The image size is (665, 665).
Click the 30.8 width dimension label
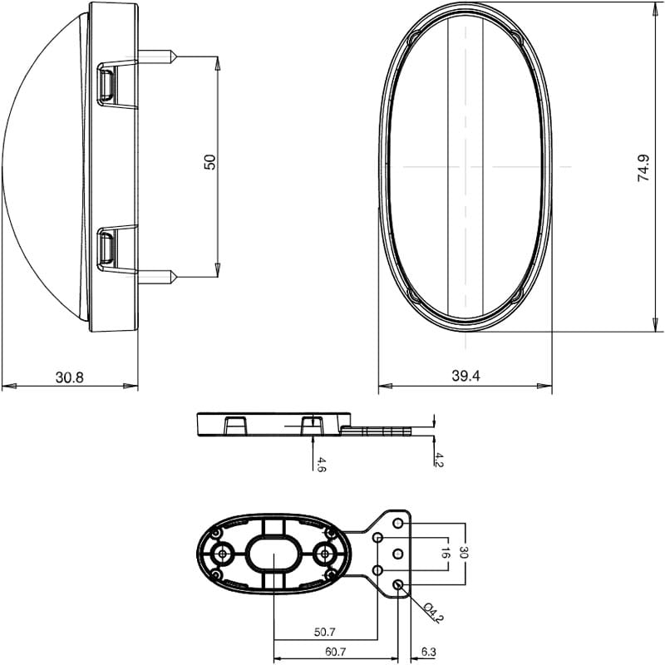[70, 377]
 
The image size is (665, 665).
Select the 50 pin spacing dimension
[210, 162]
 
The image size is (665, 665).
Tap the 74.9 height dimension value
[643, 168]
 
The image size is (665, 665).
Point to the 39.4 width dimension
[465, 376]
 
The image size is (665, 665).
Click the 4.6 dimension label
[321, 465]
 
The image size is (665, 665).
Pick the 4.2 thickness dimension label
[439, 460]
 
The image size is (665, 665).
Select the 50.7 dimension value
[324, 633]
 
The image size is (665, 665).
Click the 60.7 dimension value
[336, 652]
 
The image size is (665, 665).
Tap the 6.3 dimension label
[429, 652]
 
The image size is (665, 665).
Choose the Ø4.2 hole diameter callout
[433, 613]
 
